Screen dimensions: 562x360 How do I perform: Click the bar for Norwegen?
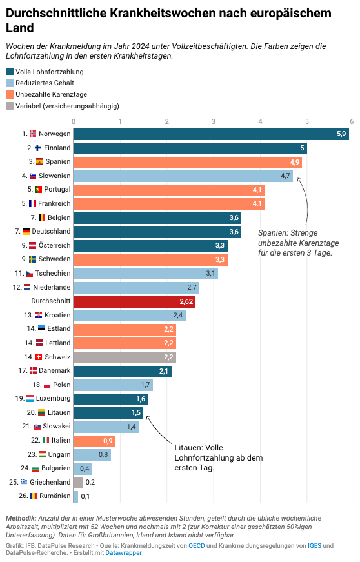211,134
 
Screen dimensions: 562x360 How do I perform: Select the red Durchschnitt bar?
134,301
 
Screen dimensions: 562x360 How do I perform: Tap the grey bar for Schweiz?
125,357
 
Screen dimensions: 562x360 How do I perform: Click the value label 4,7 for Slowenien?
285,176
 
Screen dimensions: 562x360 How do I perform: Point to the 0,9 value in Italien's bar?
108,440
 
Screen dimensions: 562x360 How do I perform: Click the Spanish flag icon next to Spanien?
40,161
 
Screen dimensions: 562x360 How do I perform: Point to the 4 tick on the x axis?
260,121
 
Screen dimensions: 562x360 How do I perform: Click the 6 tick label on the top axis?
352,121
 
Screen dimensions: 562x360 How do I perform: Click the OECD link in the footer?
197,545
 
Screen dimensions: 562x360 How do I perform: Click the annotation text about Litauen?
210,457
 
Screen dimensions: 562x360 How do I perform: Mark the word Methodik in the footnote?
21,518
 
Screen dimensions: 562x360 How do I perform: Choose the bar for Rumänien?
75,496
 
